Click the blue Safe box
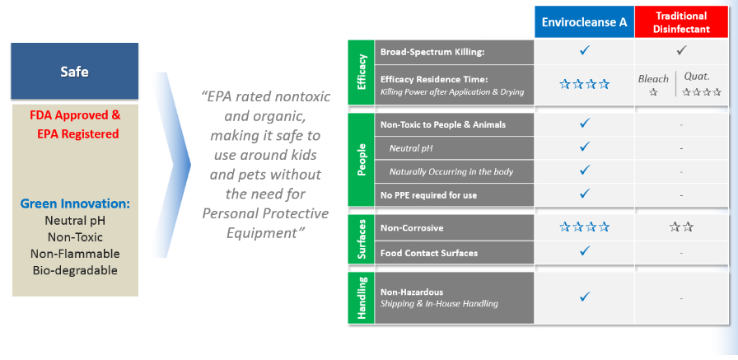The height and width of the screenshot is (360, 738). click(x=74, y=71)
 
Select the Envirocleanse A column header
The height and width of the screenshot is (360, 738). click(x=584, y=22)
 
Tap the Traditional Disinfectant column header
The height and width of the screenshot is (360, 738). click(x=681, y=22)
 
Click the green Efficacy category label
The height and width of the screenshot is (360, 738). click(x=361, y=72)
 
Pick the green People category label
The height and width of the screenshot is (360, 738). click(x=361, y=160)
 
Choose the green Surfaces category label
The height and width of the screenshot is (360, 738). click(x=361, y=240)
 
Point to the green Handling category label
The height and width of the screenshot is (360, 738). click(x=361, y=298)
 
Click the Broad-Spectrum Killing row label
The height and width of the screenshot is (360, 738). click(x=432, y=52)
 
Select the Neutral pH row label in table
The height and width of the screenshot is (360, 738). click(x=411, y=148)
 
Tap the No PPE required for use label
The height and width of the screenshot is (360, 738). click(x=428, y=194)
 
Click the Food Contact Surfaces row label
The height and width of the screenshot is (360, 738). click(x=429, y=253)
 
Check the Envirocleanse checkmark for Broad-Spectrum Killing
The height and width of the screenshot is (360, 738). click(x=585, y=50)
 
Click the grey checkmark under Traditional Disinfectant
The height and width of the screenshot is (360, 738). click(x=681, y=50)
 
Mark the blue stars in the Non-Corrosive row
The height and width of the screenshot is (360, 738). click(x=584, y=227)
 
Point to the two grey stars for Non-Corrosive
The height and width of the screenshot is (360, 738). click(x=681, y=227)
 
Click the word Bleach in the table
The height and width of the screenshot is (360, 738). click(x=653, y=79)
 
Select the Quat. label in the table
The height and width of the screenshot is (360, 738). click(x=697, y=77)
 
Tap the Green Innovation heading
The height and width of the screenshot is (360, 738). click(x=75, y=204)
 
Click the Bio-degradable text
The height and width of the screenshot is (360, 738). click(x=75, y=270)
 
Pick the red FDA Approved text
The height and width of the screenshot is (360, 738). click(x=75, y=115)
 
